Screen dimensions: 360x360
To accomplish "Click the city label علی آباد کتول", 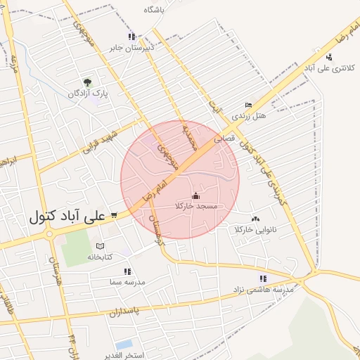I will pos(66,214).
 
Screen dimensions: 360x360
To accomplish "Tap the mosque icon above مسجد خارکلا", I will pos(195,196).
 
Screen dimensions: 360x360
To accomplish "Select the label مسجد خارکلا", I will pos(198,207).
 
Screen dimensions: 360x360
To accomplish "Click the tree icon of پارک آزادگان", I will pos(87,82).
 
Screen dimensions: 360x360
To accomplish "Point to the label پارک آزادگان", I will pos(86,94).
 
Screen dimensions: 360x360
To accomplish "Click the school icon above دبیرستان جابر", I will pos(131,37).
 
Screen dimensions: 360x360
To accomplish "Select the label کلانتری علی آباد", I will pos(330,68).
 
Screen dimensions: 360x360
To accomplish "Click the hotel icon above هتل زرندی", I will pos(248,104).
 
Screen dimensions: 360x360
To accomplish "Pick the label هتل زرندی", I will pos(251,115).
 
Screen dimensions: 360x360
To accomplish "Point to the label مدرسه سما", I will pos(127,281).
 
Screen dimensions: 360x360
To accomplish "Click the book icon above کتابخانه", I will pos(100,246).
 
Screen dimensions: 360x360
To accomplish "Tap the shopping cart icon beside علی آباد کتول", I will pos(114,215).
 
